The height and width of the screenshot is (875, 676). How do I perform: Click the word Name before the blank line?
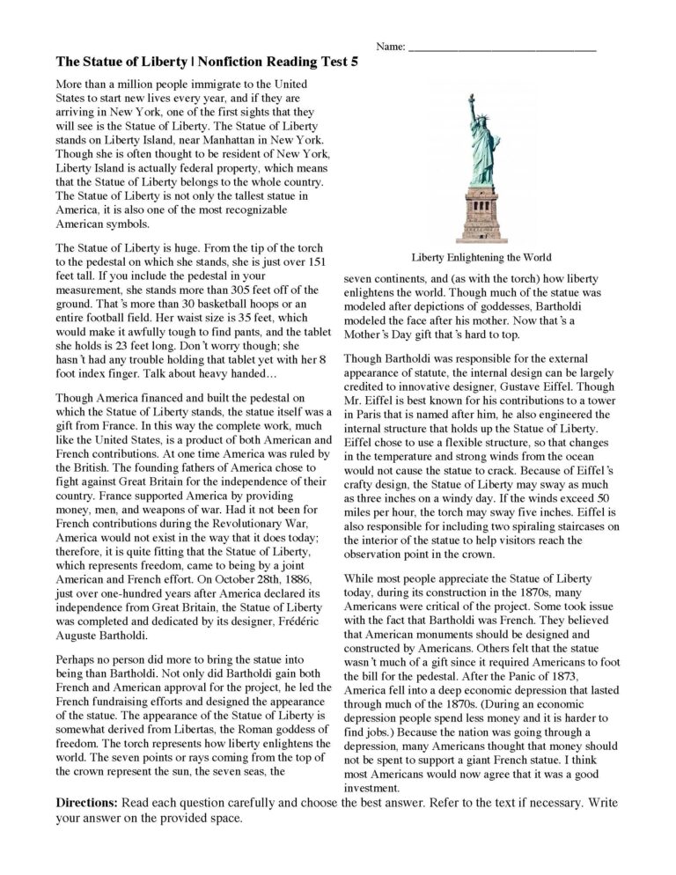click(391, 47)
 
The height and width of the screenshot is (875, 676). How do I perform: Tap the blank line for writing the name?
click(503, 49)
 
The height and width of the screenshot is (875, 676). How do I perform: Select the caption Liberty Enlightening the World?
click(481, 258)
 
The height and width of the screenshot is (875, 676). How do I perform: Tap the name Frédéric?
click(298, 622)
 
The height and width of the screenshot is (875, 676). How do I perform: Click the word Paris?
click(372, 416)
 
